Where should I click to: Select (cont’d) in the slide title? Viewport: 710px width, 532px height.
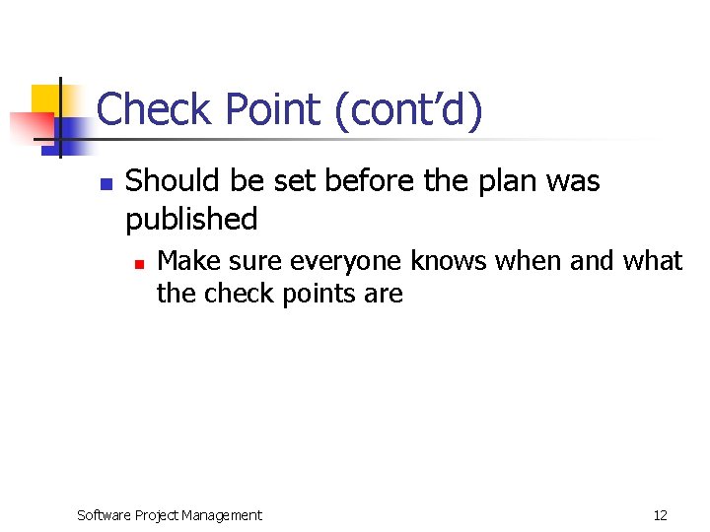point(408,110)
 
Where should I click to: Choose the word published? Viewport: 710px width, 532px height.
point(191,219)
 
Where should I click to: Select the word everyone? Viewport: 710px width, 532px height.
point(348,261)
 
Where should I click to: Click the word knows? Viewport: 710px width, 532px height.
point(449,261)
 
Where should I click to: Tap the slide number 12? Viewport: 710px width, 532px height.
point(660,515)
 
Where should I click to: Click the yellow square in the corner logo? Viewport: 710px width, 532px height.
point(47,100)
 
